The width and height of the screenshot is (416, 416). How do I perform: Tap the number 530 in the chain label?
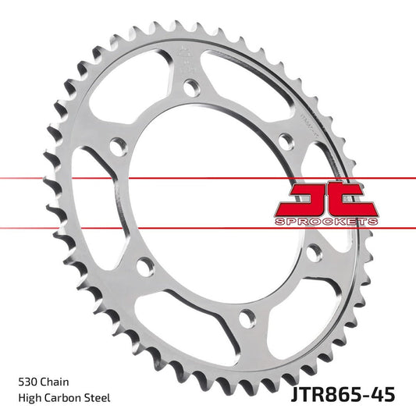click(x=27, y=382)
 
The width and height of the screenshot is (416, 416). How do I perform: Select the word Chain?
click(x=56, y=382)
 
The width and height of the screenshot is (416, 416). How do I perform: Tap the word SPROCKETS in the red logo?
click(x=327, y=222)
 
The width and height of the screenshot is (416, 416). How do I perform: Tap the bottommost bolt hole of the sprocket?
click(x=247, y=318)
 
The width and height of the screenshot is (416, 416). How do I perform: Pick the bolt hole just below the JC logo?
click(x=313, y=252)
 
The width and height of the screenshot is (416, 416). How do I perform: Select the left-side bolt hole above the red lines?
click(x=117, y=145)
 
